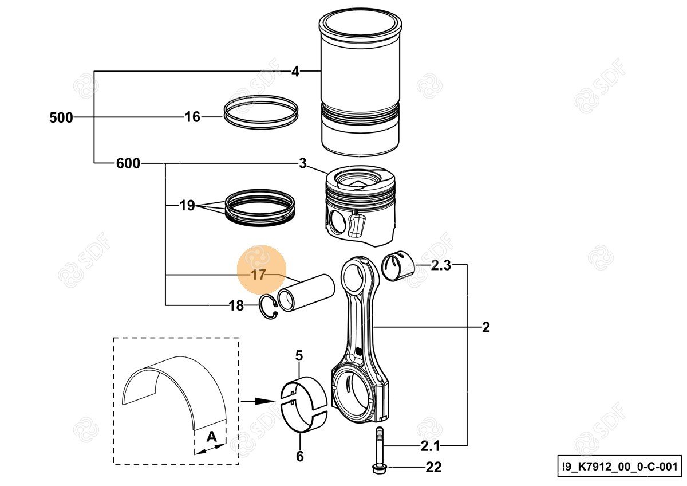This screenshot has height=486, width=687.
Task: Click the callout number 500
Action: coord(61,118)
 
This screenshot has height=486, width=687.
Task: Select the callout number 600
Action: coord(128,164)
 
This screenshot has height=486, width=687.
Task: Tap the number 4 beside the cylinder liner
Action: coord(295,72)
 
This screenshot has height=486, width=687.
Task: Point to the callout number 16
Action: coord(192,117)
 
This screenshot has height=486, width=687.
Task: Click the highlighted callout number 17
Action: coord(259,275)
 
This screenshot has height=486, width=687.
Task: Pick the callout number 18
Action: coord(236,306)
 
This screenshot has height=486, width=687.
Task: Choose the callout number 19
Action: coord(187,205)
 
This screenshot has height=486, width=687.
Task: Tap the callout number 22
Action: coord(434,468)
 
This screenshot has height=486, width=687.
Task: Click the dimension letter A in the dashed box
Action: coord(211,437)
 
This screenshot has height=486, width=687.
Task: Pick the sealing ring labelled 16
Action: coord(260,112)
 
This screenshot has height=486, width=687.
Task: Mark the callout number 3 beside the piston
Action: coord(302,164)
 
